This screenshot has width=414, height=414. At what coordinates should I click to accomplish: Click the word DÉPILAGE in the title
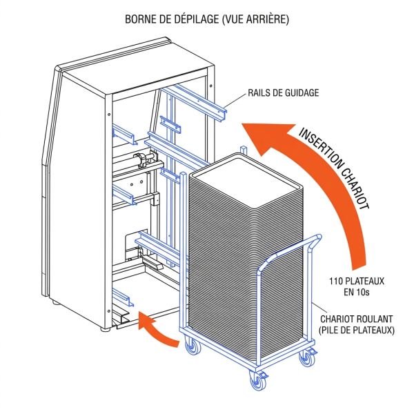[x=188, y=19]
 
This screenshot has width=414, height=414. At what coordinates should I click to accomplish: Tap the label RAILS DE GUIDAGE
[x=283, y=92]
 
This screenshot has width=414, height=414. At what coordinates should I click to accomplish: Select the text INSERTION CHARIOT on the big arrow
[x=337, y=167]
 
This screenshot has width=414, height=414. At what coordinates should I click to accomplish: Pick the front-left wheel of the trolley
[x=192, y=348]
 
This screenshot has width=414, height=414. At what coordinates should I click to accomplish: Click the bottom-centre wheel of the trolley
[x=260, y=382]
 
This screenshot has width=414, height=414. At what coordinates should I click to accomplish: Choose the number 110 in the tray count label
[x=339, y=281]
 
